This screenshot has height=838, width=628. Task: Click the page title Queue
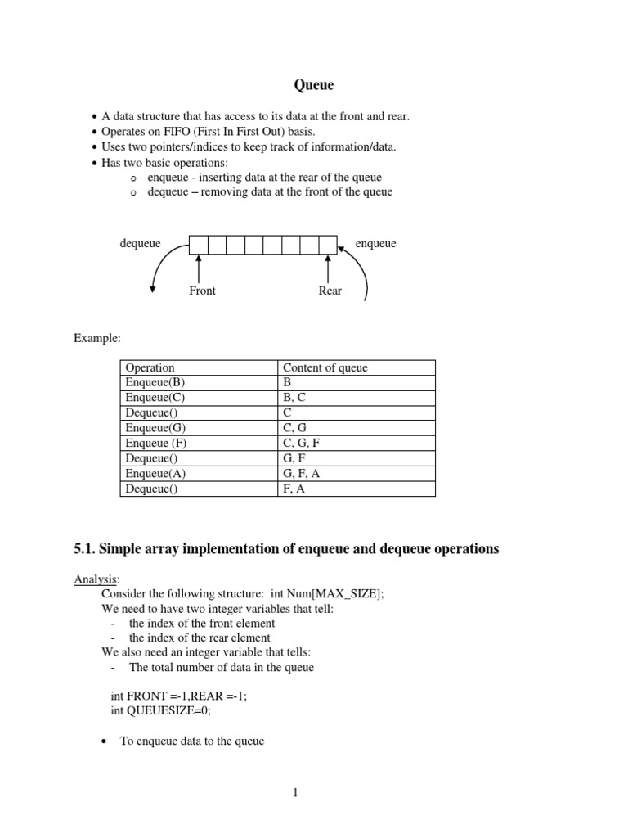pos(314,84)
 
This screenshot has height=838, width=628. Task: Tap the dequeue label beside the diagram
pos(141,243)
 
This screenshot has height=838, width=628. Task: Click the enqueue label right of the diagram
pos(376,243)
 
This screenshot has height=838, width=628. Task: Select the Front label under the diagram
pos(202,291)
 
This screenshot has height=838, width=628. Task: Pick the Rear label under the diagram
pos(330,291)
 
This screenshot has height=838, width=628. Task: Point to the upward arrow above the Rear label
pos(328,268)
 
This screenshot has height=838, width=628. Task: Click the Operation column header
pos(150,367)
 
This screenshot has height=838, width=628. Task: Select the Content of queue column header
pos(325,367)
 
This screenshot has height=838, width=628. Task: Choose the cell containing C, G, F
pos(301,444)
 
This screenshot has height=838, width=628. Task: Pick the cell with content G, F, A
pos(301,474)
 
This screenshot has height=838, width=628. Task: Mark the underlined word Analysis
pos(96,579)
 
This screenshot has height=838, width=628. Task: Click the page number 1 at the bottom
pos(295,792)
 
